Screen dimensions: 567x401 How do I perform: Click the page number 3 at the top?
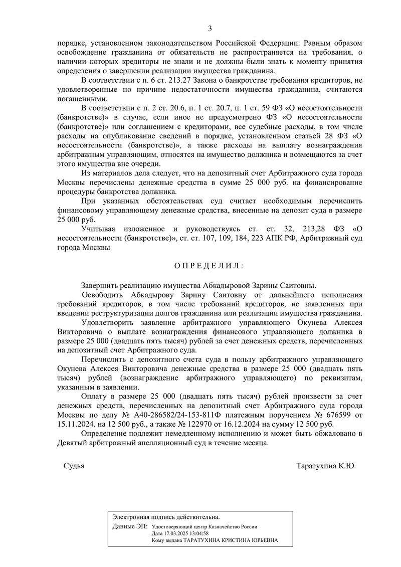(210, 28)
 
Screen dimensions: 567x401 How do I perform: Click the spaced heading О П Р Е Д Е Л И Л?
(210, 265)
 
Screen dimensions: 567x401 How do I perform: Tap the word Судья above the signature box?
(74, 466)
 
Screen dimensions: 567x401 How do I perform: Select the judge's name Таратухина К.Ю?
(326, 466)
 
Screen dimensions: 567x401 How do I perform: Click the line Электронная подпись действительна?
(166, 516)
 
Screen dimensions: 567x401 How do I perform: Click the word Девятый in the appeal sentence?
(72, 443)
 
